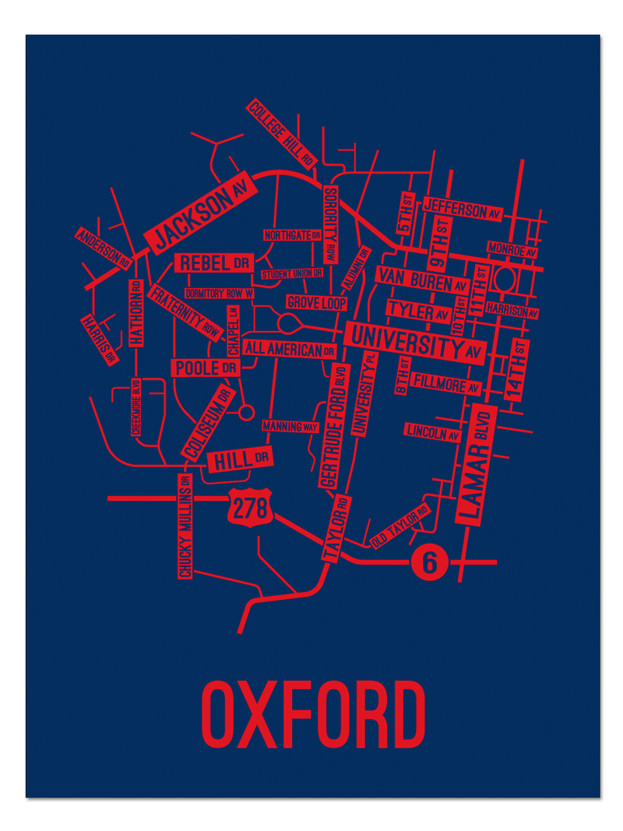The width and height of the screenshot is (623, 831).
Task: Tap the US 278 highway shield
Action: coord(252,508)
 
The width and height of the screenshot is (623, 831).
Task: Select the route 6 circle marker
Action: coord(430,561)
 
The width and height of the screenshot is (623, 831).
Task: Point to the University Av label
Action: coord(415,342)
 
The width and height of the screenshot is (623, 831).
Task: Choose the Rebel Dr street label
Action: coord(213,263)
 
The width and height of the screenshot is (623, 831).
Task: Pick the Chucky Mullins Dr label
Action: coord(185,526)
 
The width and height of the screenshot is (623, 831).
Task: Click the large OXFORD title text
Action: coord(313,713)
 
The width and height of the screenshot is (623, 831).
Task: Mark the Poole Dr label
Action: coord(206,368)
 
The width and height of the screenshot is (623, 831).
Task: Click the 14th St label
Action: coord(517,370)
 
